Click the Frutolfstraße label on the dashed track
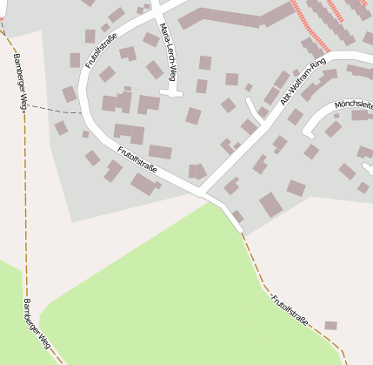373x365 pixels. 290,310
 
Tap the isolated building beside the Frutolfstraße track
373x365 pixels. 330,326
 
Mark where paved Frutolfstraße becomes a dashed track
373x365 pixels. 241,231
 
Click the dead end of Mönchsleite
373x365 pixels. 307,134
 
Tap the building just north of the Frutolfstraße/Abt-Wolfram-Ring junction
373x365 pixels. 197,172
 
